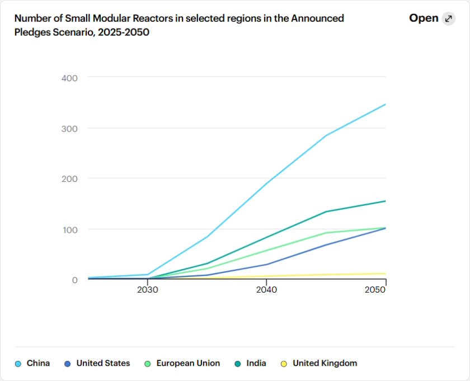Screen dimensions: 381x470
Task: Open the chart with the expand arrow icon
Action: coord(448,18)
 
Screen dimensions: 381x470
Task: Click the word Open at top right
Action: coord(424,18)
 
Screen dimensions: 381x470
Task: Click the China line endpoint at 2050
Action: coord(386,105)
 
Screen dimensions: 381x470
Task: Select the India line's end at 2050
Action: coord(386,201)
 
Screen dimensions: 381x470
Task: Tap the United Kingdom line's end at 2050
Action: coord(386,274)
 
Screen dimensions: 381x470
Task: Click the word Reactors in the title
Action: coord(147,18)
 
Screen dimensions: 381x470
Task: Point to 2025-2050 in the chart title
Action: coord(124,32)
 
